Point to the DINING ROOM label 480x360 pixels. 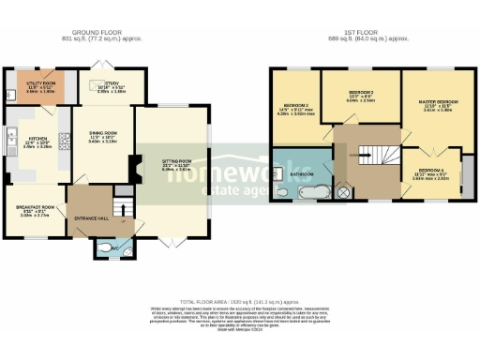click(102, 137)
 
